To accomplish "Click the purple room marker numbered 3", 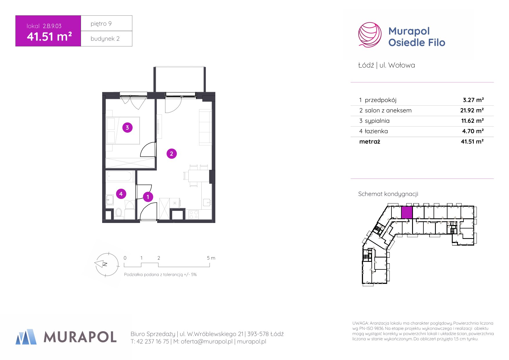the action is click(127, 127).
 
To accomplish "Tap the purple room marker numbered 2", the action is click(172, 154).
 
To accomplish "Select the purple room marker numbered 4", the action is click(121, 194).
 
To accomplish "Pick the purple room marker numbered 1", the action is click(148, 197).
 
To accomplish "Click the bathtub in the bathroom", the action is click(120, 176).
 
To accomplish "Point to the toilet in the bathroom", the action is click(119, 213).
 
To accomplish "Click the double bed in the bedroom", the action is click(123, 130).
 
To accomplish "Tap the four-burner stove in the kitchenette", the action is click(194, 215).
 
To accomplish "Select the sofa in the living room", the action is click(205, 127).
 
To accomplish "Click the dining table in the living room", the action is click(199, 176).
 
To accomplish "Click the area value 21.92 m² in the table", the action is click(472, 110).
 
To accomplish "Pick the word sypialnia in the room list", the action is click(377, 121).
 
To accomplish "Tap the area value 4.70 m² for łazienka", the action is click(473, 131).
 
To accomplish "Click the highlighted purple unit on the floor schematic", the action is click(407, 213).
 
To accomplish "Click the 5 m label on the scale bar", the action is click(211, 258).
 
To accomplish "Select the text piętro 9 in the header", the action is click(101, 24).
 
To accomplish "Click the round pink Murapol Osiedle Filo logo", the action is click(369, 35).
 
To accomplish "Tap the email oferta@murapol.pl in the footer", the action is click(207, 341).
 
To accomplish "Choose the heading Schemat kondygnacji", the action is click(388, 194).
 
